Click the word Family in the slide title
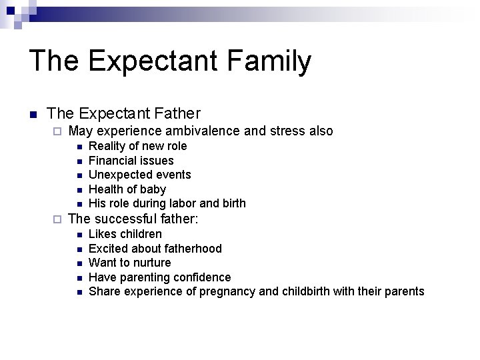tap(269, 61)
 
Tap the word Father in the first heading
tap(176, 114)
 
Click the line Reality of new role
tap(137, 146)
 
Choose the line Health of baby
tap(127, 189)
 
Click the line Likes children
tap(125, 234)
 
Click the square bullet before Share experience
tap(79, 292)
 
